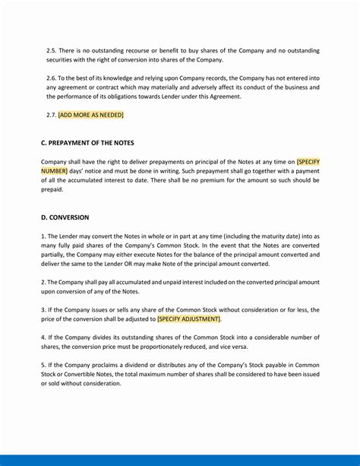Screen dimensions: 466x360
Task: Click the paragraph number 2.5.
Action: point(51,50)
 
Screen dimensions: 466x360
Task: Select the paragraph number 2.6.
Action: point(51,78)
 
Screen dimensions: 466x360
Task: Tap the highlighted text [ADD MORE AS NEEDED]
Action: point(90,115)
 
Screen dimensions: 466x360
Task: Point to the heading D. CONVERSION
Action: point(65,217)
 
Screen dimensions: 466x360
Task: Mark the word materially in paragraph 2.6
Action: point(182,87)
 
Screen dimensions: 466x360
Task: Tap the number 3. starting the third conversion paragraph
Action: point(44,310)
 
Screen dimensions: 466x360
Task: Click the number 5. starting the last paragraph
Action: point(44,365)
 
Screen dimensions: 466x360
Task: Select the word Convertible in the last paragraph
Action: point(81,374)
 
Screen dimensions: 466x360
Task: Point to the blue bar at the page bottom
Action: point(180,460)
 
